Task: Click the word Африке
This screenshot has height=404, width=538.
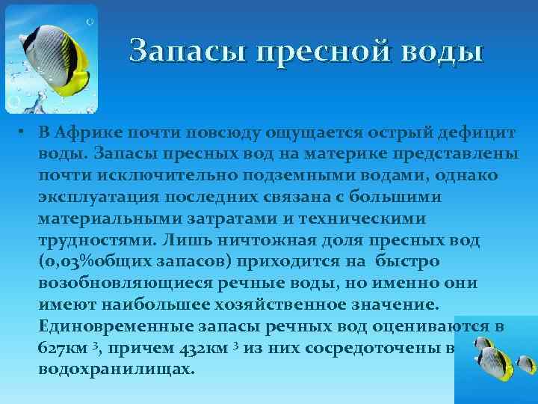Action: point(86,133)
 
